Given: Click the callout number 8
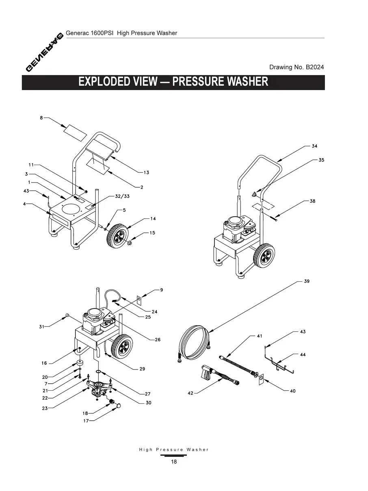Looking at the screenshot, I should point(41,118).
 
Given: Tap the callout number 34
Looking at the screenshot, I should point(314,146).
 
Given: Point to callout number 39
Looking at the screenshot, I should point(307,281).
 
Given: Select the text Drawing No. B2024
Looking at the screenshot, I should point(297,67).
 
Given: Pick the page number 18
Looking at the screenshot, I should point(174,462).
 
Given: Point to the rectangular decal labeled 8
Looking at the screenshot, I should point(76,130).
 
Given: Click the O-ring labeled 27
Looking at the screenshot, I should point(99,372).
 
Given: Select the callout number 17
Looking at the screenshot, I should point(86,421).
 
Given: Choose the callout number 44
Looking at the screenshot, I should point(303,354).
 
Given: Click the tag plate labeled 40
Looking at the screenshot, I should point(262,379).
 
